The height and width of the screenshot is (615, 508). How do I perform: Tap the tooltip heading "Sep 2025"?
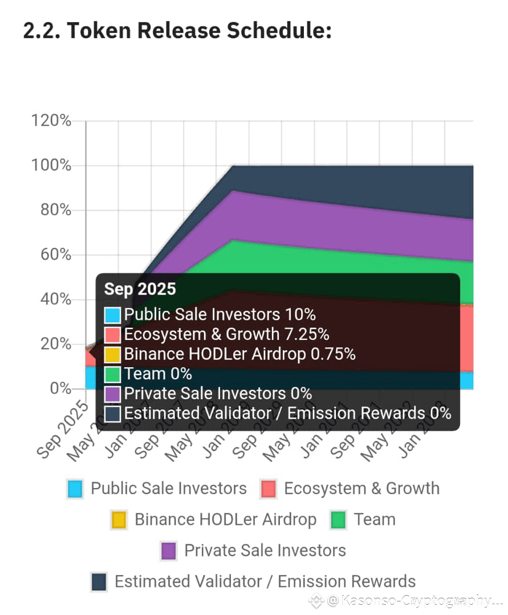(140, 289)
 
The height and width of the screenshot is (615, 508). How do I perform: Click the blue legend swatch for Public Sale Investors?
(75, 489)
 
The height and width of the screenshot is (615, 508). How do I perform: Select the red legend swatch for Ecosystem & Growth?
(267, 489)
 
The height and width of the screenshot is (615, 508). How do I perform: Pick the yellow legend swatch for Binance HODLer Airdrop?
(119, 520)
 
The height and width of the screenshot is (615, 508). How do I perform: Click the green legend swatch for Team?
(338, 520)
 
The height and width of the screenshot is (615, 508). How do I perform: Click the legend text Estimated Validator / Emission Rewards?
(265, 581)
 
